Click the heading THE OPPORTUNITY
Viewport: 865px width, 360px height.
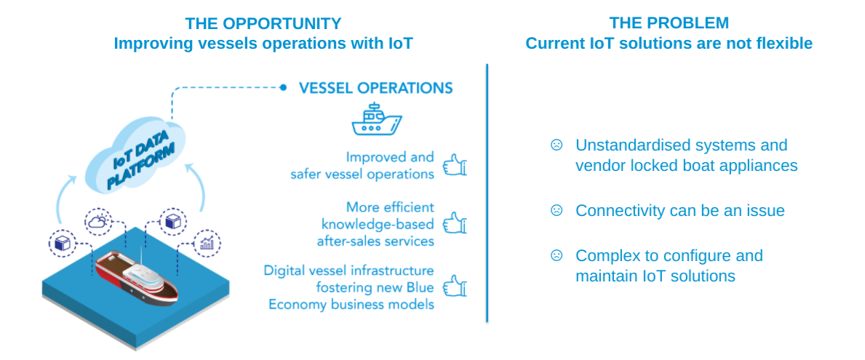click(263, 23)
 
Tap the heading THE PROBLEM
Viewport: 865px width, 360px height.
click(669, 23)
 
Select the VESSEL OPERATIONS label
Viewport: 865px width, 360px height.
click(375, 88)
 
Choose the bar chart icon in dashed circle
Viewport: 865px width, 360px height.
click(207, 243)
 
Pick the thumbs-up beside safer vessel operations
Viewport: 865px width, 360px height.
click(455, 164)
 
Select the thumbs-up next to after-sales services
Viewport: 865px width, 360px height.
click(455, 223)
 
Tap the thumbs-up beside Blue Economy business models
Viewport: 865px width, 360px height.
click(455, 286)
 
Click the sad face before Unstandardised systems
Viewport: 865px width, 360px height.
click(557, 145)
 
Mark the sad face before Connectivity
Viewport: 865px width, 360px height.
click(557, 210)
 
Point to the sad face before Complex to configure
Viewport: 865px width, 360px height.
click(557, 255)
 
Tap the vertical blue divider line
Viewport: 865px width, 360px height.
click(487, 193)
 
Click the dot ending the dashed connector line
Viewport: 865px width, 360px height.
click(284, 87)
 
